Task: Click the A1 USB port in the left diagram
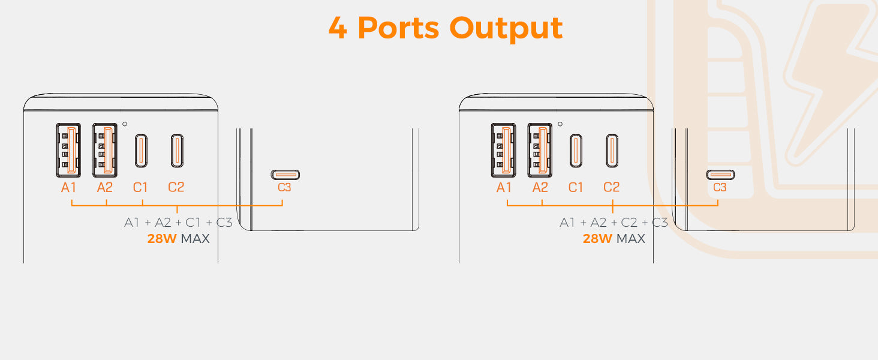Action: (x=68, y=150)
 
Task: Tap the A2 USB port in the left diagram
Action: (x=104, y=150)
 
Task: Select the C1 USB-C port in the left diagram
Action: (x=140, y=150)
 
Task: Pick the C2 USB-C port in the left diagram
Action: (x=176, y=150)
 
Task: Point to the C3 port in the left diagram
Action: (x=284, y=175)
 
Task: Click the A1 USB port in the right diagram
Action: (x=504, y=150)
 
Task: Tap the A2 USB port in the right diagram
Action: (x=540, y=150)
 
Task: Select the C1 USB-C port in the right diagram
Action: (x=576, y=150)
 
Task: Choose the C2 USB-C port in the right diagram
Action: (x=612, y=150)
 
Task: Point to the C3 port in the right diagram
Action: (x=720, y=175)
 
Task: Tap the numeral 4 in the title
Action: (x=338, y=28)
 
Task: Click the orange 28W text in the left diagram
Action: (x=162, y=239)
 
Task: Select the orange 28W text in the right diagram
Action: (x=597, y=239)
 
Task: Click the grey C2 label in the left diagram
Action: (x=176, y=187)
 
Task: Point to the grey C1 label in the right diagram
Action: (x=576, y=187)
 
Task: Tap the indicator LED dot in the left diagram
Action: (x=124, y=124)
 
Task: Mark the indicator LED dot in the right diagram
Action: (x=560, y=124)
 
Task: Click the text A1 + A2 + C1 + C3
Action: (x=178, y=223)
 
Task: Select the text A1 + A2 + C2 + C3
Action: (x=614, y=223)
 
